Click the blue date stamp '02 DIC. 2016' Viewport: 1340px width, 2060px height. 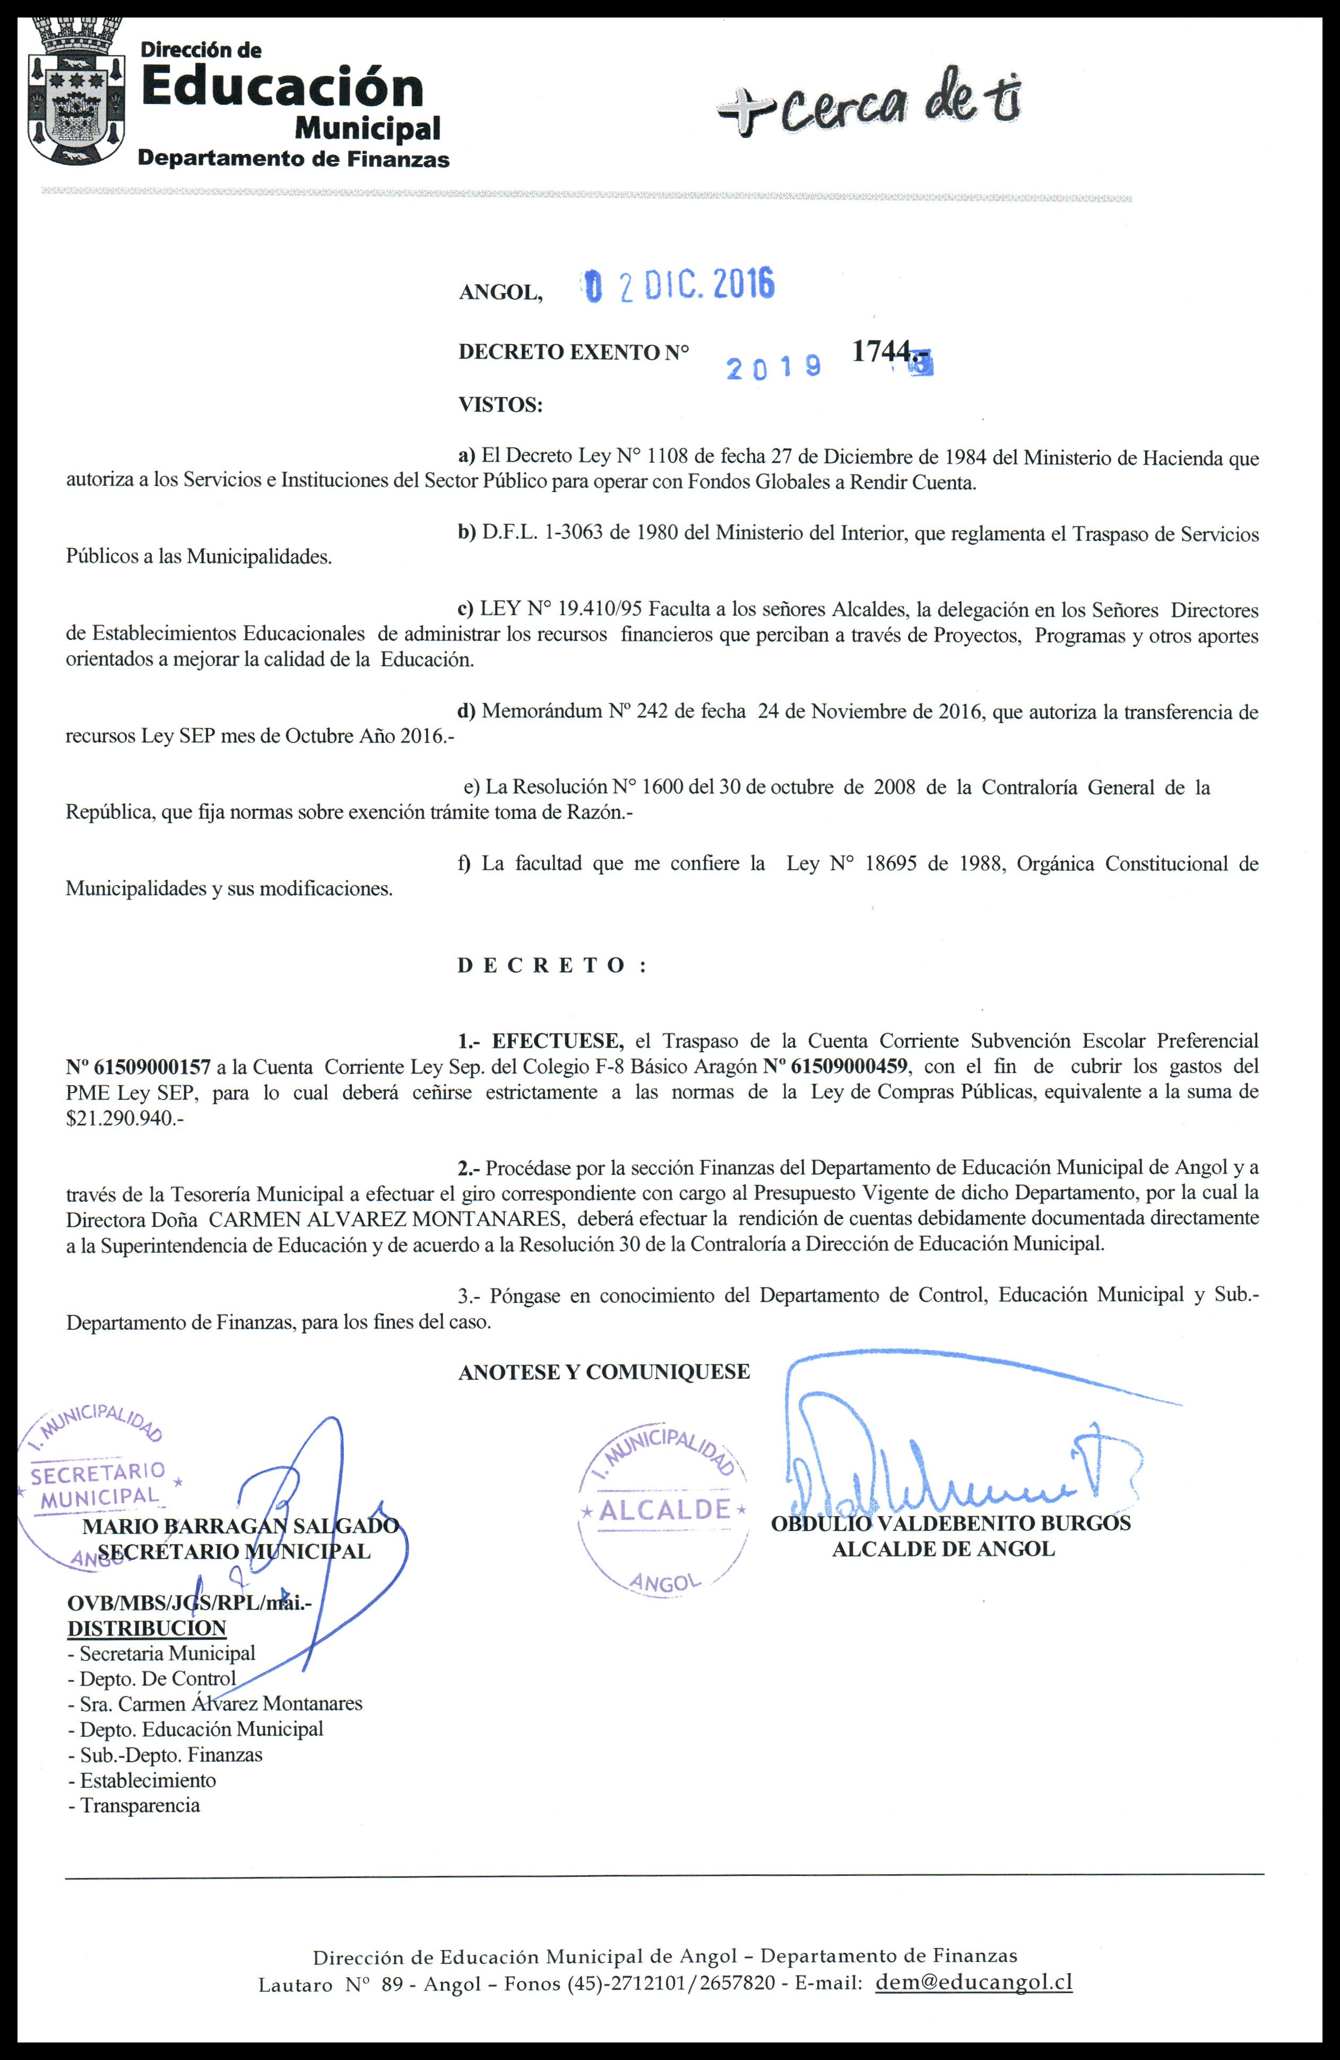pyautogui.click(x=679, y=285)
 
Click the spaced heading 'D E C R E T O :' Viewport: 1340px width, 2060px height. pyautogui.click(x=551, y=966)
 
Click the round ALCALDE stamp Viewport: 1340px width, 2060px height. pyautogui.click(x=663, y=1510)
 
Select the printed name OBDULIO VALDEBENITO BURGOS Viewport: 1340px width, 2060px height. pyautogui.click(x=950, y=1524)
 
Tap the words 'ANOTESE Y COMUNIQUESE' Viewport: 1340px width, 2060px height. pyautogui.click(x=603, y=1372)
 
